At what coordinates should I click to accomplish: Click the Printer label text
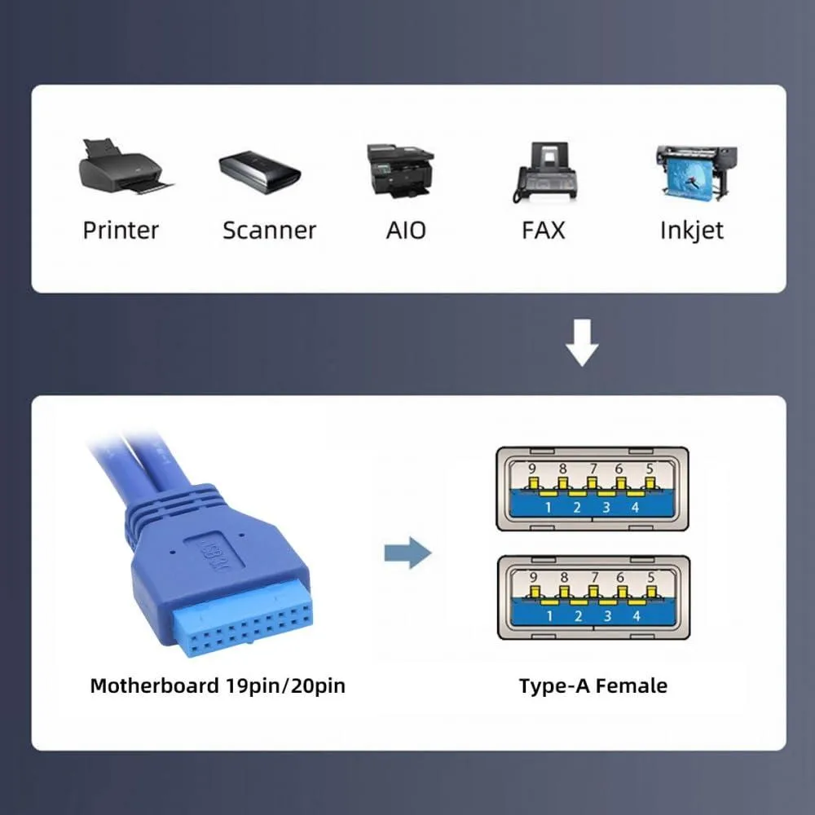pos(121,231)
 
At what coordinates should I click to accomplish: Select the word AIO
pos(406,231)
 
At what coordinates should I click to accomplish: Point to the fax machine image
pos(545,172)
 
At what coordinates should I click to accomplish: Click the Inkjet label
pos(691,231)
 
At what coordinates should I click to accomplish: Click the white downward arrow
pos(582,342)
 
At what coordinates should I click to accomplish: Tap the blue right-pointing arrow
pos(408,553)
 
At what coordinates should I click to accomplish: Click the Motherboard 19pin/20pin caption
pos(218,686)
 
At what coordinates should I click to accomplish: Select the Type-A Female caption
pos(593,686)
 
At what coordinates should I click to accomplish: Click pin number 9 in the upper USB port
pos(531,469)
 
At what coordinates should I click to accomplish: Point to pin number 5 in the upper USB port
pos(650,469)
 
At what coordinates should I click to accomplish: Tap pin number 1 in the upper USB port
pos(548,507)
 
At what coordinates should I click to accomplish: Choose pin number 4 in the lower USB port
pos(637,616)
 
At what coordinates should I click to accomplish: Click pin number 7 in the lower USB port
pos(595,578)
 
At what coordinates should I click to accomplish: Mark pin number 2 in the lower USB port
pos(578,616)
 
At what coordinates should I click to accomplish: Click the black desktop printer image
pos(126,166)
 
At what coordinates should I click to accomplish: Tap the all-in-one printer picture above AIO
pos(400,171)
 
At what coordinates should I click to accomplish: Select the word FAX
pos(543,231)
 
